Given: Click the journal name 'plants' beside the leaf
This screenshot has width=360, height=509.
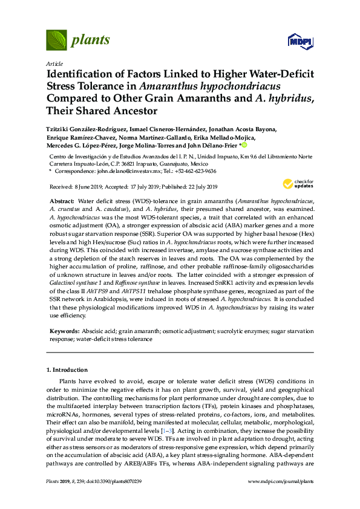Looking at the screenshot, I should coord(91,41).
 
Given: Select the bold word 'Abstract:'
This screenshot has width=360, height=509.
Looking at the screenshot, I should coord(62,199).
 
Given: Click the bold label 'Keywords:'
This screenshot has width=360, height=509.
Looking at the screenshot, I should coord(64,332).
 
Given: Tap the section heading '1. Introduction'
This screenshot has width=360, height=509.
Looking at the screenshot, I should coord(67,369).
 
